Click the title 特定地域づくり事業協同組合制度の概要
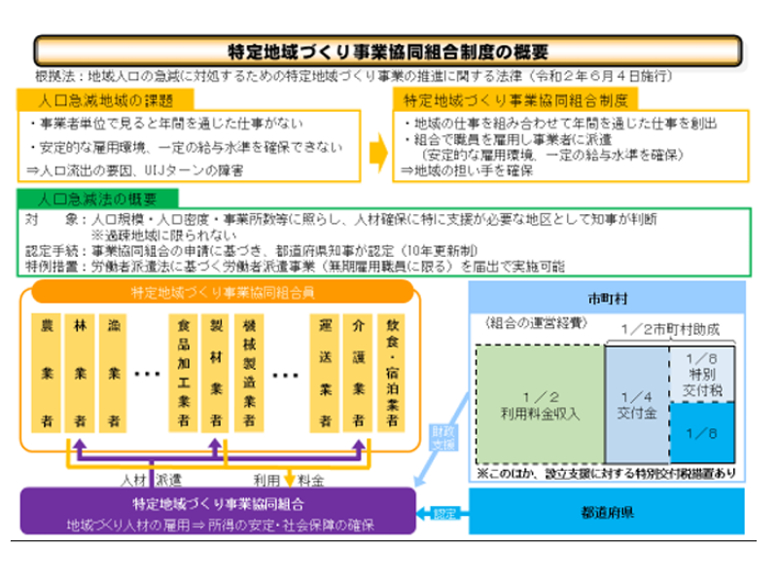388,52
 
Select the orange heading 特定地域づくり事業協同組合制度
516,99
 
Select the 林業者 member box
80,373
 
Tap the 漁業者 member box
115,373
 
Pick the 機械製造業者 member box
250,373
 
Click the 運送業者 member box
325,373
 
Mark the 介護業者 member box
359,373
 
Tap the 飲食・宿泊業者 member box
394,373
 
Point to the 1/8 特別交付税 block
700,373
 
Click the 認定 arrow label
442,510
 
